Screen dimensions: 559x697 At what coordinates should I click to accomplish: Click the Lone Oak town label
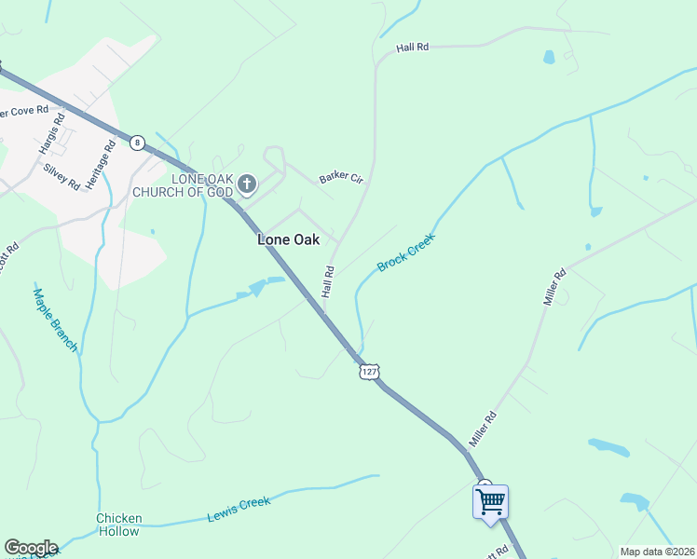coord(288,239)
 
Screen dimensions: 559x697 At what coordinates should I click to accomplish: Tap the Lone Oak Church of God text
coord(184,184)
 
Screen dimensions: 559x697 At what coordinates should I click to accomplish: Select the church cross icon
coord(247,183)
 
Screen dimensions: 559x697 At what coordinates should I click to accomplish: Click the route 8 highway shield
coord(138,143)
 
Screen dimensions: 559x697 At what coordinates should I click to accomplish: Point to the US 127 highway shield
coord(369,371)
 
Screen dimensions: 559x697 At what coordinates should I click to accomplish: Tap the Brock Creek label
coord(406,252)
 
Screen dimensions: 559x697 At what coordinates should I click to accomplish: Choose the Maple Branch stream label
coord(55,319)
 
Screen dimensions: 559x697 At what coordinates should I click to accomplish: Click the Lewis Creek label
coord(240,508)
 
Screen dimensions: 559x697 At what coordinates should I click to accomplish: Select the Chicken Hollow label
coord(119,525)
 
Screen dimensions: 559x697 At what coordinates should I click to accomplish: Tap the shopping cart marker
coord(490,502)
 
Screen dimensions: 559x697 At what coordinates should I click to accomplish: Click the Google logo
coord(30,548)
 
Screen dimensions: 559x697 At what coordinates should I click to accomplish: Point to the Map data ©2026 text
coord(657,552)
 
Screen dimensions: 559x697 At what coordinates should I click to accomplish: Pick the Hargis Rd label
coord(51,134)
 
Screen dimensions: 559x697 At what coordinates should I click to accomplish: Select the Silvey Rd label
coord(61,176)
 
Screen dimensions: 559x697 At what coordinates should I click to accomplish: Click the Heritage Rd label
coord(100,166)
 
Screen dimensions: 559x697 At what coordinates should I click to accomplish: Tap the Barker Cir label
coord(340,177)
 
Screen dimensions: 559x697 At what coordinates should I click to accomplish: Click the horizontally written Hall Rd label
coord(411,47)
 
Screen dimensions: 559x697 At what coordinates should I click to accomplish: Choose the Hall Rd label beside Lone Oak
coord(328,282)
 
